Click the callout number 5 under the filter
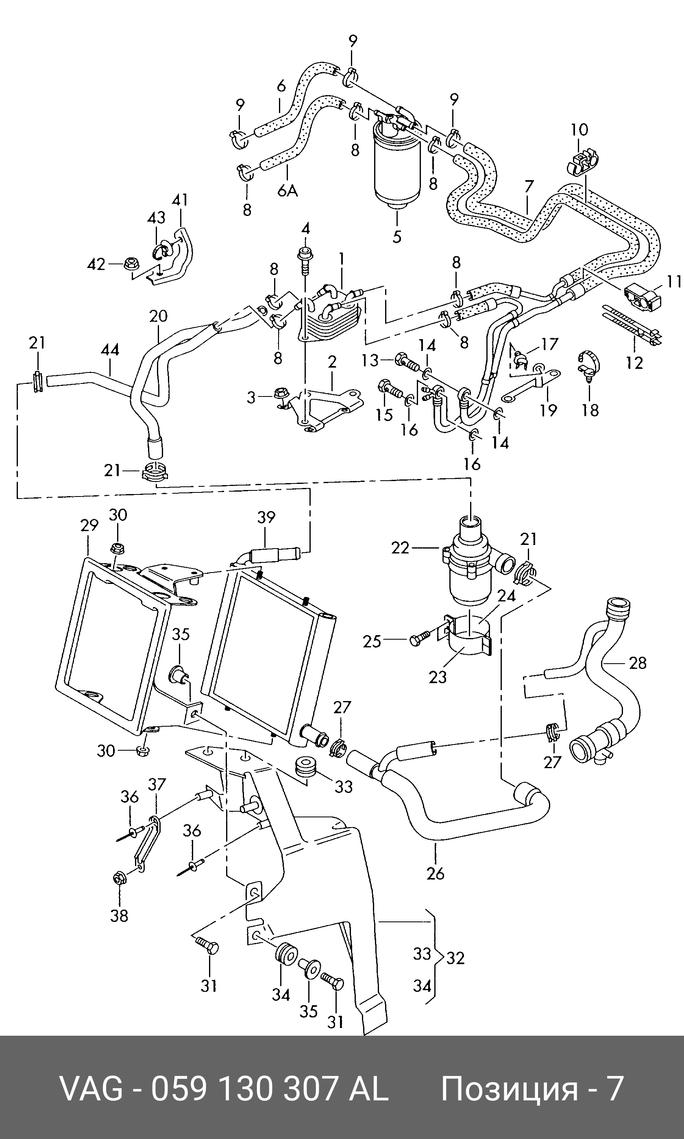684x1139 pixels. (x=397, y=236)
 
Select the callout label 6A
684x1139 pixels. (x=287, y=190)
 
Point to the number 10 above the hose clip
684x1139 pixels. (x=579, y=130)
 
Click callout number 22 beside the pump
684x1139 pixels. (x=400, y=548)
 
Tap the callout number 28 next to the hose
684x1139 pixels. (x=638, y=663)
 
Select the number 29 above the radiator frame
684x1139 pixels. (x=89, y=525)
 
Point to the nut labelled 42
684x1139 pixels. (x=131, y=264)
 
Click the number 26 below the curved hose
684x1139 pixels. (x=435, y=873)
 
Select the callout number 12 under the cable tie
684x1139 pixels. (x=634, y=363)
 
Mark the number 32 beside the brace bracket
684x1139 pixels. (x=455, y=958)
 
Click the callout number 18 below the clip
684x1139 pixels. (x=590, y=409)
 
